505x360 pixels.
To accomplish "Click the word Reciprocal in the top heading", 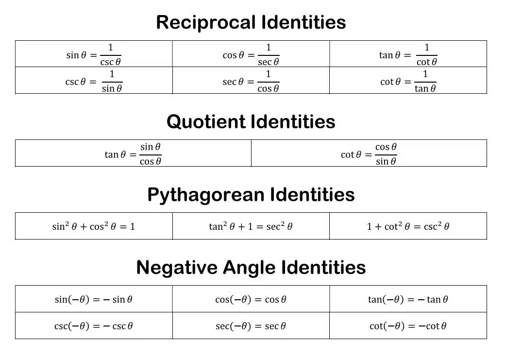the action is click(x=206, y=22).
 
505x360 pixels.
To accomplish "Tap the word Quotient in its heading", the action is click(x=206, y=121).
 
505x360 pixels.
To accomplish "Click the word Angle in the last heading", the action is click(x=249, y=268).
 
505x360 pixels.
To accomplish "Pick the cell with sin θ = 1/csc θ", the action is click(x=94, y=54).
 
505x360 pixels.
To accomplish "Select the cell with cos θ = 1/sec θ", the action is click(x=251, y=54).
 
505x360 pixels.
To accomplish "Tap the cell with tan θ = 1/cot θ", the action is click(x=408, y=54).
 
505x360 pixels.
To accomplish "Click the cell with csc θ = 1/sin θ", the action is click(x=94, y=81).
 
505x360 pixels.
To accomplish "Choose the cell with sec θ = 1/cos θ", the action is click(x=251, y=81).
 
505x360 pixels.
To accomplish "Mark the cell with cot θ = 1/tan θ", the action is click(x=408, y=81).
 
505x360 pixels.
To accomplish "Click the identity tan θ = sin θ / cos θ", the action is click(x=133, y=154).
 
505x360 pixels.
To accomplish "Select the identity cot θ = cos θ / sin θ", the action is click(x=369, y=154).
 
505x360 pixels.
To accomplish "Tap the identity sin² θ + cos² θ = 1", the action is click(x=94, y=226).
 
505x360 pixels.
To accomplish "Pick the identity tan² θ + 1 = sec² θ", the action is click(x=251, y=226).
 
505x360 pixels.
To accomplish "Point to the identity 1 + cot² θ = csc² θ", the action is click(x=408, y=226).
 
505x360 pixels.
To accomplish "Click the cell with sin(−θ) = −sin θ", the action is click(x=94, y=299).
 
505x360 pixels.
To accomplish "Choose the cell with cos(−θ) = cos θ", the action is click(x=251, y=299).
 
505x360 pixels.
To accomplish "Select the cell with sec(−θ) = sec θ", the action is click(x=251, y=326).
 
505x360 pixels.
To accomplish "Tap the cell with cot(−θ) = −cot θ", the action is click(x=408, y=326).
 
